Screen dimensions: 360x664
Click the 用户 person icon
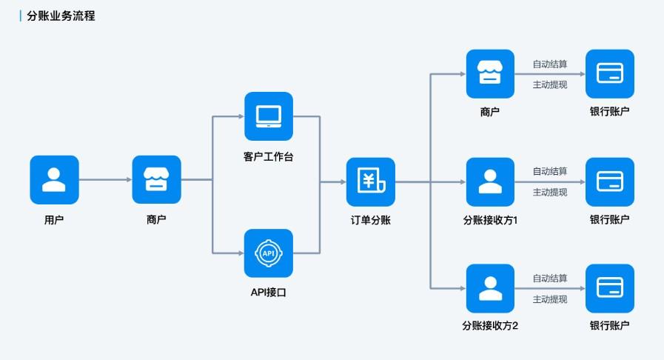pos(54,179)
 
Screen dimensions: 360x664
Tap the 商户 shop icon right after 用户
pos(156,179)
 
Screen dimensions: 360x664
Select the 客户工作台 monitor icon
pos(268,116)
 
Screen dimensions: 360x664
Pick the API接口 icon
pos(268,253)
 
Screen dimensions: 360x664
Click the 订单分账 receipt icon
pos(370,181)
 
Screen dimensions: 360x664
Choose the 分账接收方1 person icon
pos(489,181)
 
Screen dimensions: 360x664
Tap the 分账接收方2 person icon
pos(489,288)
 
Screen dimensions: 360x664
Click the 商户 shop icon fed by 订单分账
pos(489,74)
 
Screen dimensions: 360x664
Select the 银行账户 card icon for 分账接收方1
pos(609,181)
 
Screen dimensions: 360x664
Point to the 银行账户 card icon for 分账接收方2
pos(609,288)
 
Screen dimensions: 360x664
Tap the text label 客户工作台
pos(268,156)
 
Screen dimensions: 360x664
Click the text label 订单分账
pos(370,220)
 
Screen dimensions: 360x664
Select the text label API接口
pos(268,293)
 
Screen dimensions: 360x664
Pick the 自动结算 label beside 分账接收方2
pos(549,279)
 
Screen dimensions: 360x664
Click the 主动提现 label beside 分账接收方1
pos(549,192)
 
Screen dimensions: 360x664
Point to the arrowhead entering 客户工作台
pos(240,116)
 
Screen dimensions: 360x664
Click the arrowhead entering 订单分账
pos(341,181)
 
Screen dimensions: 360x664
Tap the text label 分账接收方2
pos(489,326)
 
